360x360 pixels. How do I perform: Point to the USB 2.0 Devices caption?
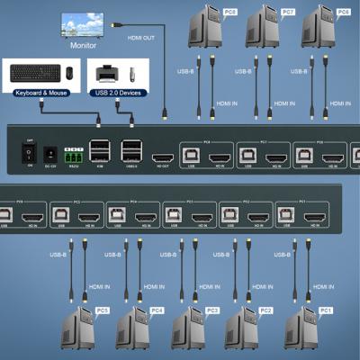click(x=118, y=91)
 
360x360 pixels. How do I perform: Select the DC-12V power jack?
click(x=49, y=153)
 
